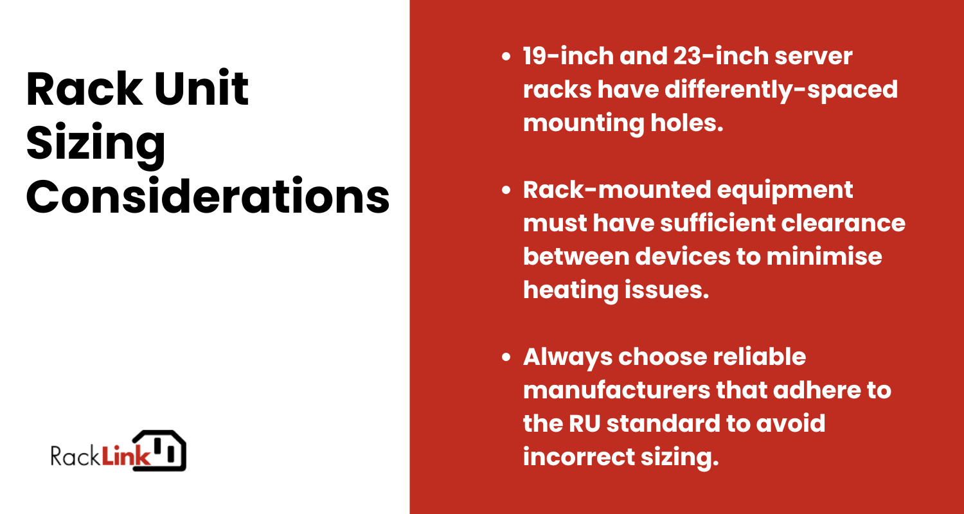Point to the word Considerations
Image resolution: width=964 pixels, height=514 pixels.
click(x=208, y=197)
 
